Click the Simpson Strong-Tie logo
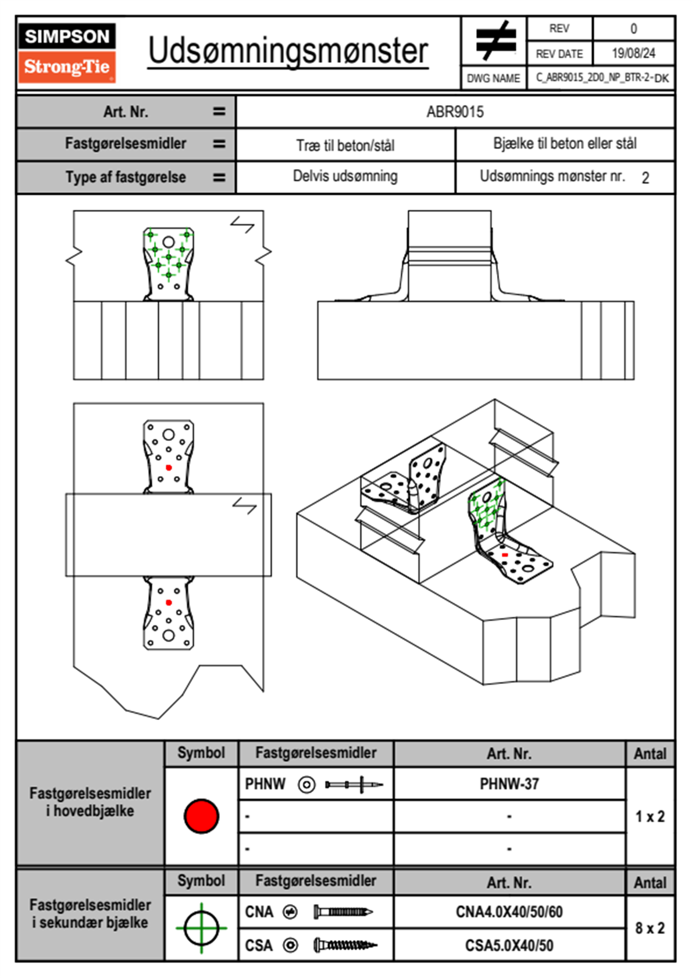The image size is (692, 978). click(67, 53)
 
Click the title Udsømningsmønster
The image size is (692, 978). click(288, 51)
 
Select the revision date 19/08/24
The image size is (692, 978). click(633, 53)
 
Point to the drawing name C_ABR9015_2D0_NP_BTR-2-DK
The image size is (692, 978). click(602, 77)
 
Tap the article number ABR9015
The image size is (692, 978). click(455, 112)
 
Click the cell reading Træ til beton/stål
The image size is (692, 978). click(345, 145)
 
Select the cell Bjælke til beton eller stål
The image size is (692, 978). click(565, 144)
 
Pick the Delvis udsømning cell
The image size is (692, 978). click(345, 176)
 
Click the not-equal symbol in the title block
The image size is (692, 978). click(495, 41)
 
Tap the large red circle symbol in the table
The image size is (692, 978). click(201, 816)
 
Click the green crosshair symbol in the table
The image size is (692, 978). click(201, 928)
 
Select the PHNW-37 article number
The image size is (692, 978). click(509, 784)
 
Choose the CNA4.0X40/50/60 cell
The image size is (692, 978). click(509, 912)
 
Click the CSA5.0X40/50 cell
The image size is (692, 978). click(509, 945)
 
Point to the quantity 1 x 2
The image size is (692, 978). click(650, 816)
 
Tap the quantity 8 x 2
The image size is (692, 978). click(650, 928)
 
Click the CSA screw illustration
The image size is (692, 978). click(345, 945)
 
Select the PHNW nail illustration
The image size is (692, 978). click(354, 784)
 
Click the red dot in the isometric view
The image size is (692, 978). click(505, 555)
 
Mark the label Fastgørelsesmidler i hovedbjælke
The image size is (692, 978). click(90, 802)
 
